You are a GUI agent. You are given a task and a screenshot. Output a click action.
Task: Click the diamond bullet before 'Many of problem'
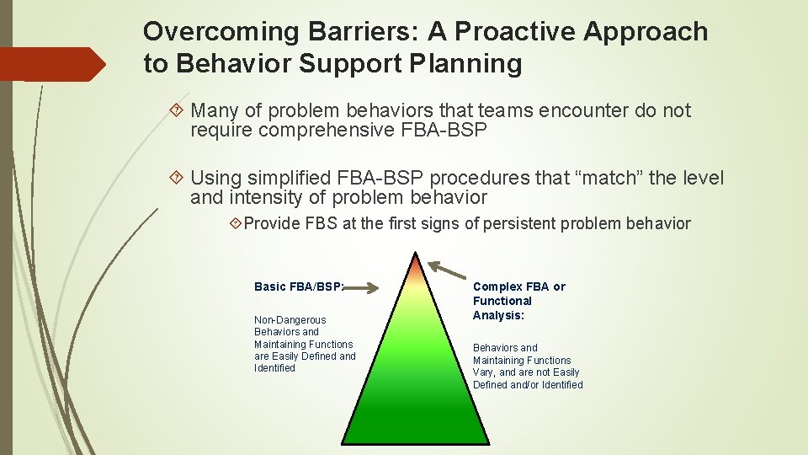click(x=177, y=110)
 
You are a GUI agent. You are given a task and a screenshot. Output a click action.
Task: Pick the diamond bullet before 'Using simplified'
click(x=177, y=178)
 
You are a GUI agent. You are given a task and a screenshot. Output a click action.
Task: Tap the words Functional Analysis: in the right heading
click(x=502, y=308)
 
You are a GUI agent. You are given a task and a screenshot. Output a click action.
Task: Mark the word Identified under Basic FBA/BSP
click(x=274, y=368)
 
